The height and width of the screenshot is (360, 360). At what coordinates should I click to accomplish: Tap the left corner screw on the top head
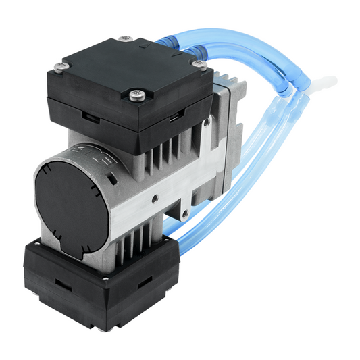click(61, 66)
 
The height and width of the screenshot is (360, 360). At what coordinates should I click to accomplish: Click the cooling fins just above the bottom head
click(134, 242)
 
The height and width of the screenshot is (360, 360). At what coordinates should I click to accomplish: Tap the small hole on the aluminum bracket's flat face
click(155, 198)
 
